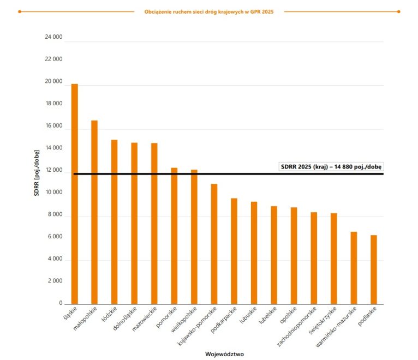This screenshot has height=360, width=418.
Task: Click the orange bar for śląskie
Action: point(75,194)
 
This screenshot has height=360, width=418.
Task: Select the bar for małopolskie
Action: point(94,212)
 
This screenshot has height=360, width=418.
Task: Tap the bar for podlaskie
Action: point(374,269)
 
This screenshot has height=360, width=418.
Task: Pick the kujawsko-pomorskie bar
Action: point(214,244)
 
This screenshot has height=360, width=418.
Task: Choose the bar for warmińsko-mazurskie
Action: point(354,268)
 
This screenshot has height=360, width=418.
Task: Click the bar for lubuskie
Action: point(254,253)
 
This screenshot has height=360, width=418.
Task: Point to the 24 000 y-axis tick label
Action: point(53,37)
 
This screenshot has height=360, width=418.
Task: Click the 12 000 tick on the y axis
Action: point(54,170)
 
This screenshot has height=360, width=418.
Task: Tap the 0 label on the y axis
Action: point(61,303)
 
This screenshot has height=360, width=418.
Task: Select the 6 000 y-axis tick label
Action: point(55,237)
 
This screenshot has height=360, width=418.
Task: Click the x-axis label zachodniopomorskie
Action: point(297,327)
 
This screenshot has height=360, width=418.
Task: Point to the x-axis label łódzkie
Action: point(110,314)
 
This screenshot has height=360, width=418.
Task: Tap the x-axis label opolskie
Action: point(288,315)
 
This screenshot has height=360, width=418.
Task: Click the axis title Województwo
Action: point(224,354)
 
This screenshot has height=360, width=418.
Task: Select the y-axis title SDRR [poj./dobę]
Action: point(37,173)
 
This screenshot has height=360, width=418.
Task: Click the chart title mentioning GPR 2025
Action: point(209,11)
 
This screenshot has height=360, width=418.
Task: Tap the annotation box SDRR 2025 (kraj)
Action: point(331,166)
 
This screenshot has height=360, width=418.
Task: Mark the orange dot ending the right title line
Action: point(398,11)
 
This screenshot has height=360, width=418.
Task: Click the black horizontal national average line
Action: point(229,174)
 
